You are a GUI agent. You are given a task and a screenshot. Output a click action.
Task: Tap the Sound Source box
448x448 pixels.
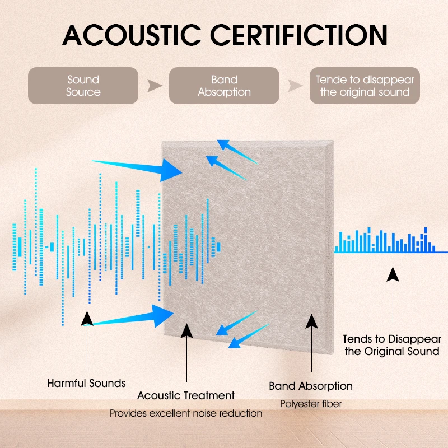(x=83, y=86)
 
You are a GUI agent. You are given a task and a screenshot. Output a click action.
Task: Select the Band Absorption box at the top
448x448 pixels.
(x=224, y=86)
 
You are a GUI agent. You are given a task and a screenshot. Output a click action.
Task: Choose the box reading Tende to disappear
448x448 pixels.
(x=365, y=86)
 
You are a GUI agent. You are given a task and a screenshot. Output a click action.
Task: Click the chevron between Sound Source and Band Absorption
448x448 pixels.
(x=153, y=86)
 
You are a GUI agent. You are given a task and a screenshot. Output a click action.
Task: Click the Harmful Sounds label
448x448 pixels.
(x=86, y=384)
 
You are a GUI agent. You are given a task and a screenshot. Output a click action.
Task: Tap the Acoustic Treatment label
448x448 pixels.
(x=186, y=396)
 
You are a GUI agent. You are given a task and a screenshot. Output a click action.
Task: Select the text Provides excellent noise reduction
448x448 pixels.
(x=186, y=413)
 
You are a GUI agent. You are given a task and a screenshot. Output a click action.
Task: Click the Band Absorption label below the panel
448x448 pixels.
(x=311, y=386)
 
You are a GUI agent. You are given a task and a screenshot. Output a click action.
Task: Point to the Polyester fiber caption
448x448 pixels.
(x=311, y=403)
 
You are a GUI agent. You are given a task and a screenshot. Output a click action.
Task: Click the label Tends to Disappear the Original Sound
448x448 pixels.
(x=392, y=345)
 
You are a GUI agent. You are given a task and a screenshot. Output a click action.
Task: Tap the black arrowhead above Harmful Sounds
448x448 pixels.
(x=87, y=318)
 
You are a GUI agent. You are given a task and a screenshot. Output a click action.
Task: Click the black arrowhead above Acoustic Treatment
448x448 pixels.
(x=186, y=330)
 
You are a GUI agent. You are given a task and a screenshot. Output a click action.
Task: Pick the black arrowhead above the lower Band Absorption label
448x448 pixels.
(x=311, y=320)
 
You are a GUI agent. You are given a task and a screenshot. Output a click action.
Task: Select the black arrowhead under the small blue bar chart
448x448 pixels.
(x=393, y=274)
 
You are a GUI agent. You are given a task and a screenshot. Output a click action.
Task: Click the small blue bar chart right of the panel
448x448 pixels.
(x=386, y=241)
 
